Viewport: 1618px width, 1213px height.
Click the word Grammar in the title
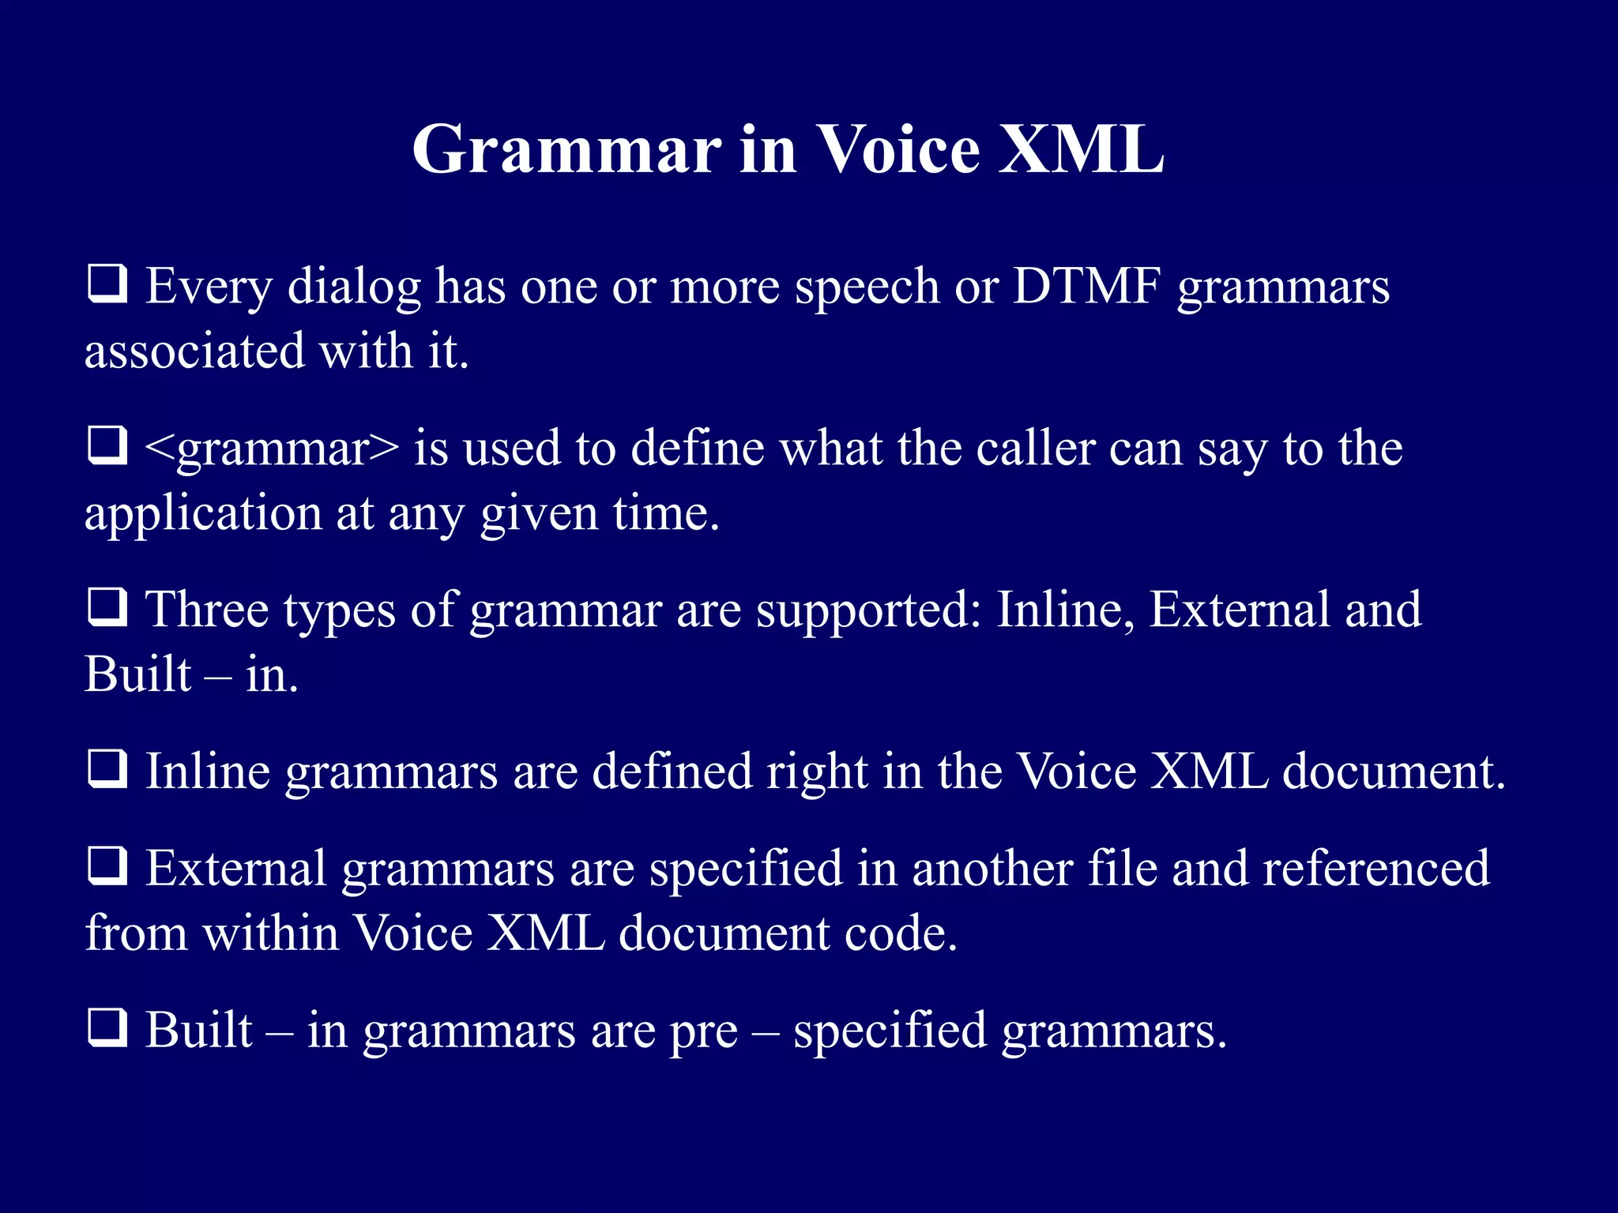566,150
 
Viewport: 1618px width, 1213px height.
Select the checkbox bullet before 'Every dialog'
107,285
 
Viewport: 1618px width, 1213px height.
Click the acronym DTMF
1087,286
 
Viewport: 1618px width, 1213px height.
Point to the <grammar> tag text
272,449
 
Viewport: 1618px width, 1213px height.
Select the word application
203,515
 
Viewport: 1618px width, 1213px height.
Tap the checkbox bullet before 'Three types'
107,609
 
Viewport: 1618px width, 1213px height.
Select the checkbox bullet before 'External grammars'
107,868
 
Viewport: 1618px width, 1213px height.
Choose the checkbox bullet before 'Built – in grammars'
107,1030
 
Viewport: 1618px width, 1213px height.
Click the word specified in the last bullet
890,1031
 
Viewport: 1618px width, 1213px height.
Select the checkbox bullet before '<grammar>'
107,447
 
